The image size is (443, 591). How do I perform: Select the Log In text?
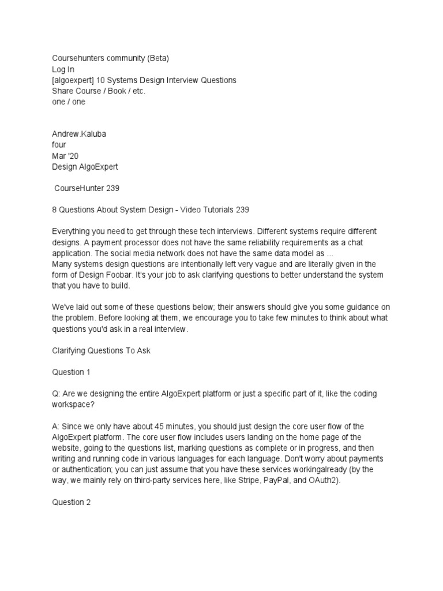(63, 69)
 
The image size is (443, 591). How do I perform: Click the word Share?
(62, 91)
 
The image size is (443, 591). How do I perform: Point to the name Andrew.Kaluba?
(78, 133)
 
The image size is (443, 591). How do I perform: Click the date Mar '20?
(66, 155)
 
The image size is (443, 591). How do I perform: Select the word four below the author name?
(59, 144)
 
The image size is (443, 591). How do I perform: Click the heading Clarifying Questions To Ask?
(101, 350)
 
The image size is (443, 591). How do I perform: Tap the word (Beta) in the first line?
(157, 58)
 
